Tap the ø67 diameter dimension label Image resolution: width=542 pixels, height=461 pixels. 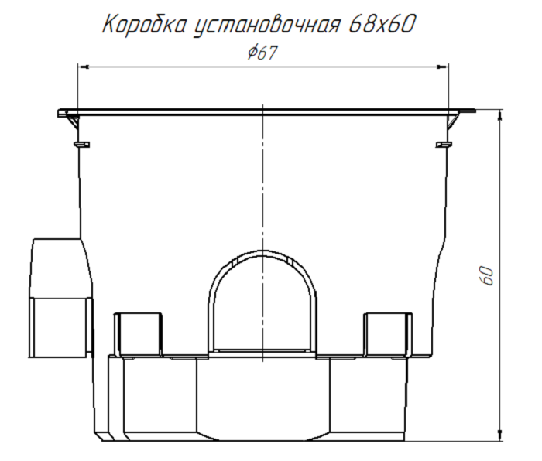262,53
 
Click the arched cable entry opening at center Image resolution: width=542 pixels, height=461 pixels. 264,306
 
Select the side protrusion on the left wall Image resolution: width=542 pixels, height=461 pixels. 58,298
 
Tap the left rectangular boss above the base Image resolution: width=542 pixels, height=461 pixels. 139,333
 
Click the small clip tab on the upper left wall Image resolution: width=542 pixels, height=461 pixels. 80,143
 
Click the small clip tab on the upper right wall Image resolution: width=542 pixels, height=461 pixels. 444,143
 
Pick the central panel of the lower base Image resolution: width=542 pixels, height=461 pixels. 264,398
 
